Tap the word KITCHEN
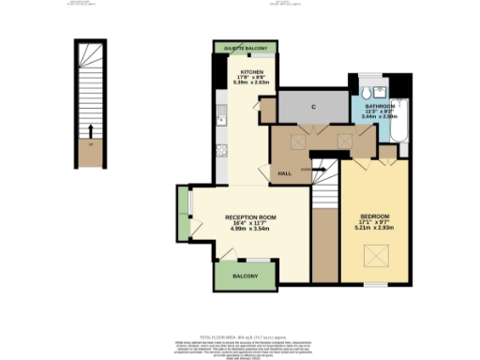tap(250, 71)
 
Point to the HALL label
tap(283, 173)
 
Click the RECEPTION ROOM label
tap(249, 217)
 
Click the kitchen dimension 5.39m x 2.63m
tap(250, 82)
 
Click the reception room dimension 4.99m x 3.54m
tap(249, 228)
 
